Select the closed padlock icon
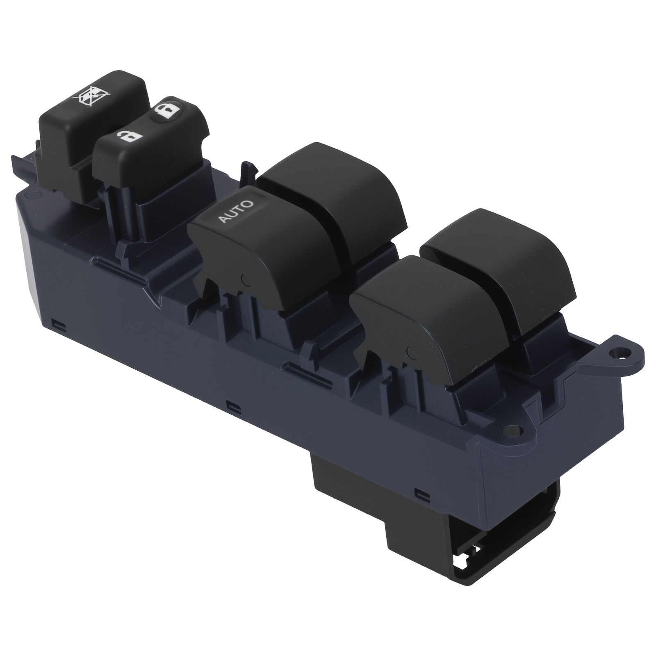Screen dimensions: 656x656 pyautogui.click(x=169, y=111)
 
